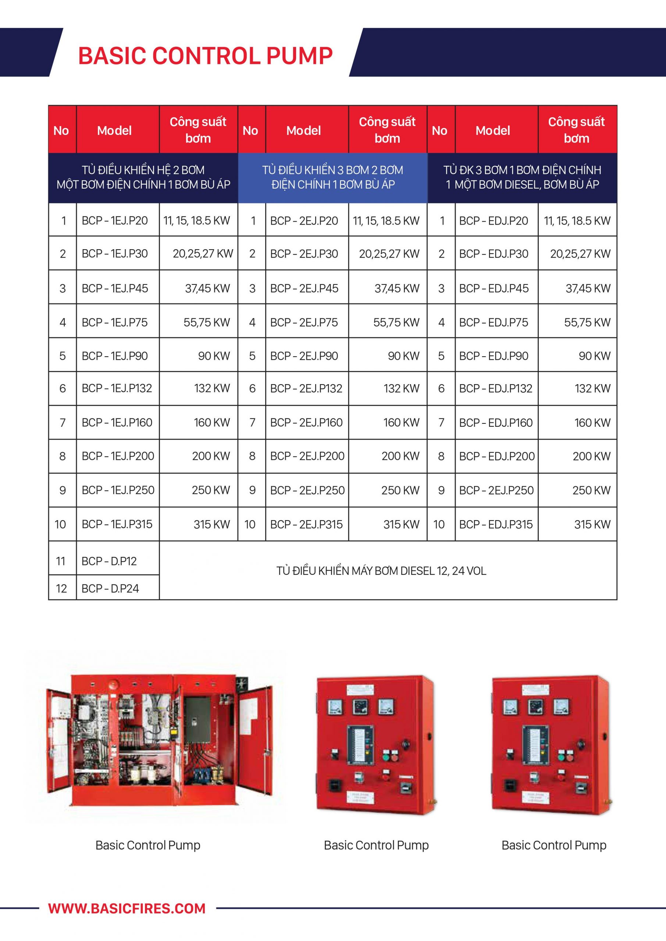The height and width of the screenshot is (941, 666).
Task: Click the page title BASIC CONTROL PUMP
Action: (205, 56)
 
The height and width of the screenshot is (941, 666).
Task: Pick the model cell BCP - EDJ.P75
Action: (494, 322)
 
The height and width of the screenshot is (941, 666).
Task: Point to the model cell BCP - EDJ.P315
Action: (496, 524)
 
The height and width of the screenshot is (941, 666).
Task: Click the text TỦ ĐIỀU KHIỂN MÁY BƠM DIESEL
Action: (381, 571)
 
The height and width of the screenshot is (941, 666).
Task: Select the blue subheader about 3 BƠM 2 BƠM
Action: (332, 178)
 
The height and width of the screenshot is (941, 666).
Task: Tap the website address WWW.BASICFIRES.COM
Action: (127, 908)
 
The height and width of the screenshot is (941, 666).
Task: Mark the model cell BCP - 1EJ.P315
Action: (117, 524)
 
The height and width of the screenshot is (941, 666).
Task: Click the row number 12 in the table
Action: (61, 588)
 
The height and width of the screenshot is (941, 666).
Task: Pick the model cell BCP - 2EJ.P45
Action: (304, 289)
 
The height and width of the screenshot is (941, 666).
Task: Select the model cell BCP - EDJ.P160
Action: (496, 423)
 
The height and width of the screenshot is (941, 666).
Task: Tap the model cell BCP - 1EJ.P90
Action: (115, 356)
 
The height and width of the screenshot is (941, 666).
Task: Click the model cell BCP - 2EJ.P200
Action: (307, 456)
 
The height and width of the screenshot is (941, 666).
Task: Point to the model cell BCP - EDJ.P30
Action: (494, 254)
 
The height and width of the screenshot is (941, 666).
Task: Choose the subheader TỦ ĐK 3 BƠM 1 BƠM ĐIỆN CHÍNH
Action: (522, 178)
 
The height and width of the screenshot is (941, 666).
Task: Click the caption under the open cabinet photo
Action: (147, 845)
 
